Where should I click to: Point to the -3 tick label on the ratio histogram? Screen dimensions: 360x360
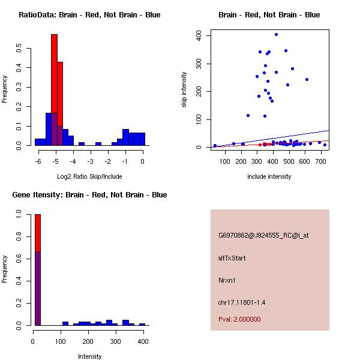(91, 161)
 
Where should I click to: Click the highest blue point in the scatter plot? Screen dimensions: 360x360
(276, 35)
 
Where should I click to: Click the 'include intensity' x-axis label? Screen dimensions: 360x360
(269, 176)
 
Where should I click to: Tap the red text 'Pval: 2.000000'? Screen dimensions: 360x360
(239, 319)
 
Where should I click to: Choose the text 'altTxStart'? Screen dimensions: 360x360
(232, 258)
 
